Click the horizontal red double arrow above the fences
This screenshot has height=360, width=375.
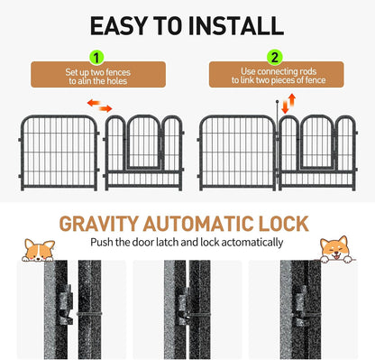coord(99,107)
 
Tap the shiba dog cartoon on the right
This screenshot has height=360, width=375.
coord(334,248)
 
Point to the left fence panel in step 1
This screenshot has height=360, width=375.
coord(59,151)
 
